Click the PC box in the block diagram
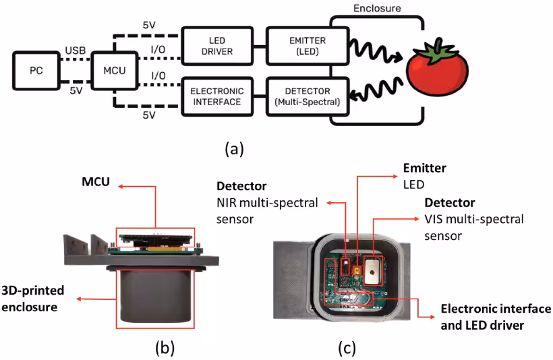click(x=36, y=70)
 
